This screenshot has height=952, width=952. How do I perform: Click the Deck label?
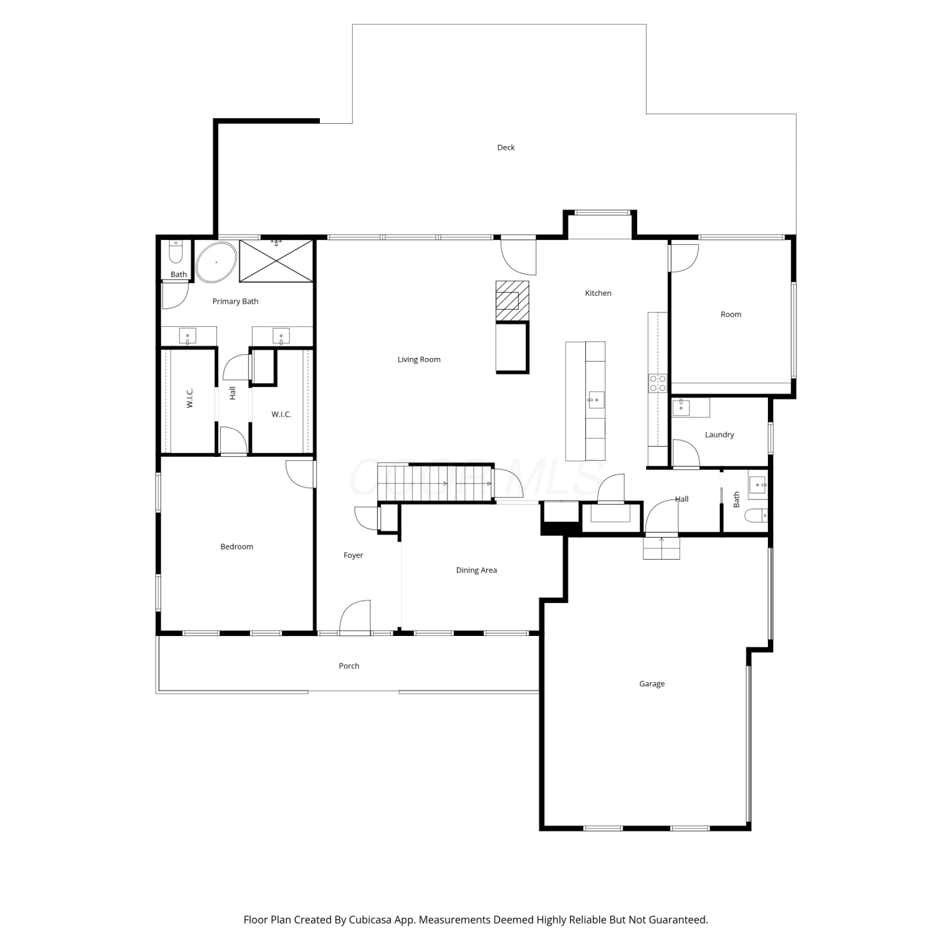pos(506,147)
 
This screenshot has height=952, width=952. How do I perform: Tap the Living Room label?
pos(419,359)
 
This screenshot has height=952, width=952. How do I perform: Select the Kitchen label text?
pos(598,293)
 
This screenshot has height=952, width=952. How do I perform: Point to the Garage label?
pos(652,684)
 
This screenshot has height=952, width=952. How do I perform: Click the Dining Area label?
pos(476,570)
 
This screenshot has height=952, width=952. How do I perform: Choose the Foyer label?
pos(353,555)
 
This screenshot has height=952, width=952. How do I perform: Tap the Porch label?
pos(349,666)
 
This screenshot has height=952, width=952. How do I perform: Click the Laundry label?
pos(719,435)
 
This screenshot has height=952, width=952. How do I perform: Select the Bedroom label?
pos(237,546)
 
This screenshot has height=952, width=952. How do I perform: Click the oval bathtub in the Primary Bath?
pos(216,261)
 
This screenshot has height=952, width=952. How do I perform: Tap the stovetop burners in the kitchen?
pos(658,383)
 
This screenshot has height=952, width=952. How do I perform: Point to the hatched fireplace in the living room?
pos(512,301)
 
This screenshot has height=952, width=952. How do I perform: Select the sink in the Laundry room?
pos(682,407)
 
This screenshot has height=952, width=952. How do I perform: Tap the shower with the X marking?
pos(276,261)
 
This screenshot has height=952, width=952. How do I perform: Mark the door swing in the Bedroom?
pos(300,474)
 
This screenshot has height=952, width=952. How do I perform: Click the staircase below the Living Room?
pos(435,483)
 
